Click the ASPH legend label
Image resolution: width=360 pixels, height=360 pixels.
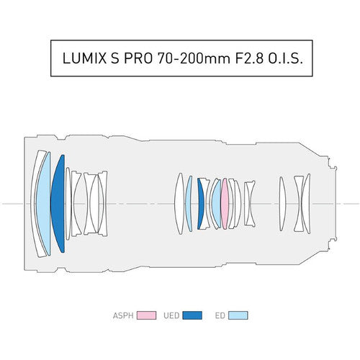[x=123, y=315]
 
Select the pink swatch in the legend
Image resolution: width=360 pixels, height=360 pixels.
[x=147, y=315]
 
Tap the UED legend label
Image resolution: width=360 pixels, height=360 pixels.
[x=172, y=315]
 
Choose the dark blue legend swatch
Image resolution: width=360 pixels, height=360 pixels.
[x=192, y=315]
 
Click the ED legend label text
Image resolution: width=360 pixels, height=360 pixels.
[x=220, y=315]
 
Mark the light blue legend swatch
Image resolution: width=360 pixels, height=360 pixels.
[x=239, y=315]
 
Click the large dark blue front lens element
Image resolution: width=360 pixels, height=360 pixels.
[x=58, y=204]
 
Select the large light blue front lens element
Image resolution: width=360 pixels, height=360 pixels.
[x=44, y=204]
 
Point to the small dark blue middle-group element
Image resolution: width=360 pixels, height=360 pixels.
[x=200, y=204]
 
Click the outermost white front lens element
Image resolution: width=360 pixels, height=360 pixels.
[x=35, y=204]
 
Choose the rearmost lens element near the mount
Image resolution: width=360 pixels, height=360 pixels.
[x=306, y=204]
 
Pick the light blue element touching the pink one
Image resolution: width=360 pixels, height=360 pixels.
[x=216, y=204]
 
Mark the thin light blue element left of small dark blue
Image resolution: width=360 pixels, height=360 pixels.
[x=189, y=204]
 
